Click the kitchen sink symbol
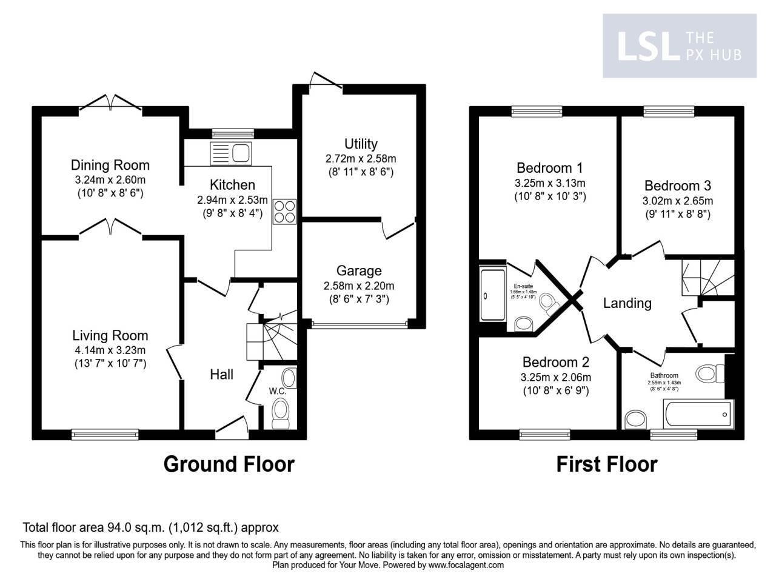point(230,153)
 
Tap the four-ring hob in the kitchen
point(285,211)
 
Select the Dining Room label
point(110,165)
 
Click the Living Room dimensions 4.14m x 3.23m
point(110,350)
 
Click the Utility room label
point(360,144)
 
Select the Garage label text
point(360,271)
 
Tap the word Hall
point(221,375)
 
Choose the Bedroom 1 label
point(550,168)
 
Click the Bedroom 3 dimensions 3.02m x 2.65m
point(677,201)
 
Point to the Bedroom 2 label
point(555,362)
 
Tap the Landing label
point(627,303)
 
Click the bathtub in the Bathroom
point(698,414)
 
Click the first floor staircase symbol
point(707,276)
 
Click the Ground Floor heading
point(229,464)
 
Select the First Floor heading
point(606,464)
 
